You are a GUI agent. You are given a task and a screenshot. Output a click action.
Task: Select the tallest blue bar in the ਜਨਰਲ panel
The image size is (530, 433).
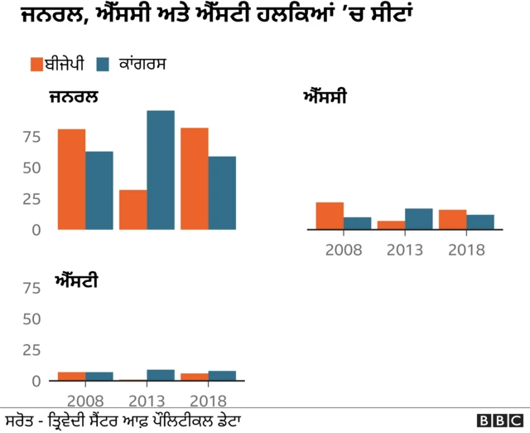(x=161, y=170)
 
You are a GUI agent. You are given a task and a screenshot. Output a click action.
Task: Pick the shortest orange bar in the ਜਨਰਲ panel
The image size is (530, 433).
(x=132, y=210)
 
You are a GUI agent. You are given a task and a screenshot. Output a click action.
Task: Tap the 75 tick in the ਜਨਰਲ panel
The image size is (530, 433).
(x=31, y=137)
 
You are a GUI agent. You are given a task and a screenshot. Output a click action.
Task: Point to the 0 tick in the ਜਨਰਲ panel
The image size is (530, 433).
(x=36, y=230)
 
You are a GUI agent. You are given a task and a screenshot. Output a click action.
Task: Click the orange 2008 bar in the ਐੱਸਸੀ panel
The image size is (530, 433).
(x=330, y=216)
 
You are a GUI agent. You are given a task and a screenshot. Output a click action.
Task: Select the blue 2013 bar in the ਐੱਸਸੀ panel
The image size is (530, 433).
(x=419, y=219)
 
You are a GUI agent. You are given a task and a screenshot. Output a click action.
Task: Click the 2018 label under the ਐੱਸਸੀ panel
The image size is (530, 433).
(x=466, y=250)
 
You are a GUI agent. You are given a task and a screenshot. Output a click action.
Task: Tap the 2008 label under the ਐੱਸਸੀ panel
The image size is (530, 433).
(x=344, y=250)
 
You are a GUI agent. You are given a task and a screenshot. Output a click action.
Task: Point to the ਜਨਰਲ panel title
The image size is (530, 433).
(x=74, y=97)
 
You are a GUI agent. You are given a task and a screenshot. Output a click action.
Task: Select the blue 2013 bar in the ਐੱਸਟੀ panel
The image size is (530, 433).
(x=161, y=375)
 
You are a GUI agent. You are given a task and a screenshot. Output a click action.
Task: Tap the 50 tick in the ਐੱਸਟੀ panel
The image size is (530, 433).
(x=31, y=319)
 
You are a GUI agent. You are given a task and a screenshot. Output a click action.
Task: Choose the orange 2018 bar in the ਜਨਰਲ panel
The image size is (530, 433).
(x=194, y=178)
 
